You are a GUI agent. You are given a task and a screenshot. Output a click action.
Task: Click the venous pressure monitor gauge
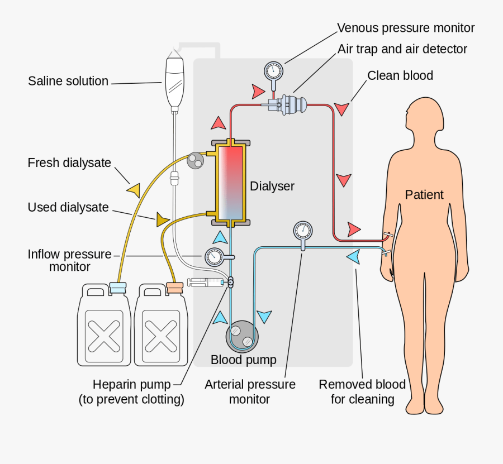click(273, 71)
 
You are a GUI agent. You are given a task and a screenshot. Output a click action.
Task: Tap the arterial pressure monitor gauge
click(302, 229)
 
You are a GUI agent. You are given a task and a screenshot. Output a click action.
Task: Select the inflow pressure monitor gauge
click(213, 256)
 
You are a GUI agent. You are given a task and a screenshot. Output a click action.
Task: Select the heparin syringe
click(205, 283)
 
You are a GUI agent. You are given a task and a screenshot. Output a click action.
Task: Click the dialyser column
click(231, 181)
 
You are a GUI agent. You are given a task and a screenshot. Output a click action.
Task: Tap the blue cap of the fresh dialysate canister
click(118, 288)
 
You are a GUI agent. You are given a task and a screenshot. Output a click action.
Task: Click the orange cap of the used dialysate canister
click(175, 288)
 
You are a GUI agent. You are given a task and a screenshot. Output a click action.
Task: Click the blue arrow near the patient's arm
click(353, 257)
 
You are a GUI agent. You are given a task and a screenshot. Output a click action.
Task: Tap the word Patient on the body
click(424, 195)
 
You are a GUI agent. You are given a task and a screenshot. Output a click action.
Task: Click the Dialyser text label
click(272, 186)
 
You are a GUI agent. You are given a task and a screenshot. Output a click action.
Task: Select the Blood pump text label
click(243, 360)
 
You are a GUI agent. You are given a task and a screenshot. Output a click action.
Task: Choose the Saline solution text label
click(68, 82)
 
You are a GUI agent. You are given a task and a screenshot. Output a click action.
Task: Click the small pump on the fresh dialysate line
click(195, 160)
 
